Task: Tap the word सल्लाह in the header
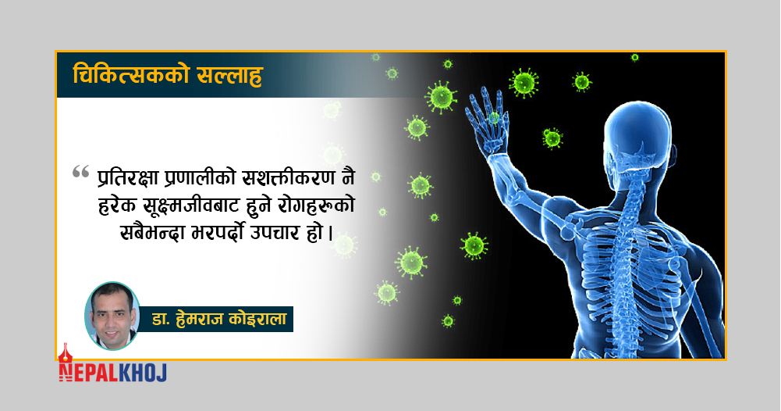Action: pos(229,77)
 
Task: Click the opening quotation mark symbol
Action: pos(80,172)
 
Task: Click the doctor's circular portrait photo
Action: pos(112,316)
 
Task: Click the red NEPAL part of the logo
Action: pos(88,373)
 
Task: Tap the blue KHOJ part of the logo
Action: pos(143,373)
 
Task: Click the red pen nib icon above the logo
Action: pos(65,353)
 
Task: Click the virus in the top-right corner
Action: pos(634,57)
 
